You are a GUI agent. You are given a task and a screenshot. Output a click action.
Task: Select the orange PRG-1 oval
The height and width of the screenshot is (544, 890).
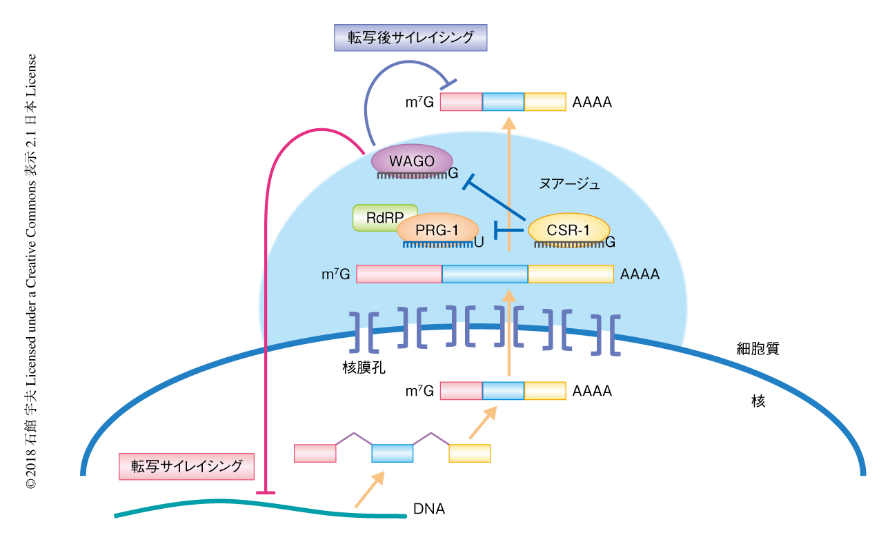tap(437, 228)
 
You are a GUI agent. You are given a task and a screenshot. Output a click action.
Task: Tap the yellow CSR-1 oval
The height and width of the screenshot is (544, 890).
tap(568, 230)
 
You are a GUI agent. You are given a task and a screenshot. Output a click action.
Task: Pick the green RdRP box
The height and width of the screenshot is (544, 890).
tap(384, 217)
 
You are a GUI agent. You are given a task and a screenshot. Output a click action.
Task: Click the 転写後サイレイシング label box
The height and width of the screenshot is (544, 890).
tap(411, 38)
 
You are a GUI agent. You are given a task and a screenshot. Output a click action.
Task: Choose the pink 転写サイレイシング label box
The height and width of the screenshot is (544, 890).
tap(186, 466)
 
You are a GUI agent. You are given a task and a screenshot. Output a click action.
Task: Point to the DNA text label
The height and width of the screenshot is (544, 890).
tap(429, 510)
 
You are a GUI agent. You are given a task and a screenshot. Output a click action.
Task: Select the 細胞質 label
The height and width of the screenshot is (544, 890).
tap(758, 349)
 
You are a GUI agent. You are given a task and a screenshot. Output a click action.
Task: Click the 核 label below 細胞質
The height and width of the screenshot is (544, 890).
tap(758, 401)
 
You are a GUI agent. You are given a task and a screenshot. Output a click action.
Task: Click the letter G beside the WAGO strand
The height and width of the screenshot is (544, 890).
tap(453, 174)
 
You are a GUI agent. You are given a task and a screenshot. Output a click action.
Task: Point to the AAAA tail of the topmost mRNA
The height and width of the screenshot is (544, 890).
tap(592, 102)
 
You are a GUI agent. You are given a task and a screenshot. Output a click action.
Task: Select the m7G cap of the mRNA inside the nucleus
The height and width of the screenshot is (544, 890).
tap(420, 392)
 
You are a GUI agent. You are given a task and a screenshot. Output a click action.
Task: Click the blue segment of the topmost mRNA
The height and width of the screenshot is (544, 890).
tap(503, 102)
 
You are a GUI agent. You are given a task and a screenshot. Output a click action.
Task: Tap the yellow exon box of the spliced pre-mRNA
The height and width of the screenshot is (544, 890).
tap(469, 453)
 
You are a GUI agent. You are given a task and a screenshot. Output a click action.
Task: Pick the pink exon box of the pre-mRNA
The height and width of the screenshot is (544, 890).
tap(315, 453)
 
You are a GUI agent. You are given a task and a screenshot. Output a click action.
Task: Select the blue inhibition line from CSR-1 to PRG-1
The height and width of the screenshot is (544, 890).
tap(511, 230)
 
